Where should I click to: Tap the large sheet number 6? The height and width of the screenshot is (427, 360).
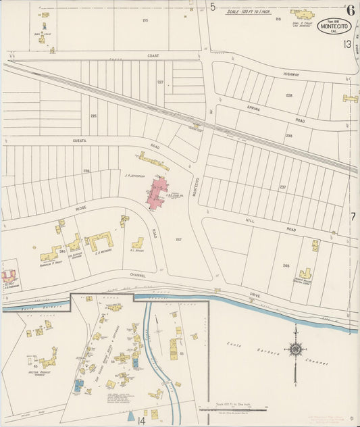click(350, 9)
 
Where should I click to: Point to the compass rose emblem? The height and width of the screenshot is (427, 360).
click(295, 349)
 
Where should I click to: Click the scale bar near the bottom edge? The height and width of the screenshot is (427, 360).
click(233, 409)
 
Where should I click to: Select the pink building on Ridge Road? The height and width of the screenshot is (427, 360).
click(159, 193)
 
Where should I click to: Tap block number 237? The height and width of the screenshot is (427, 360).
click(284, 187)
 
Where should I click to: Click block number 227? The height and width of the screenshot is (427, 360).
click(161, 82)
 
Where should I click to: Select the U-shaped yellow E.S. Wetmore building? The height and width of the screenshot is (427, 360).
click(100, 240)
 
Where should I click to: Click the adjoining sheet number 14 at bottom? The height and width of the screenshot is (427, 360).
click(141, 420)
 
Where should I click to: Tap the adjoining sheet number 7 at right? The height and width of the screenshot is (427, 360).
click(353, 216)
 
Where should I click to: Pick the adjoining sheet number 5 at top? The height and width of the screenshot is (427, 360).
click(213, 7)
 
